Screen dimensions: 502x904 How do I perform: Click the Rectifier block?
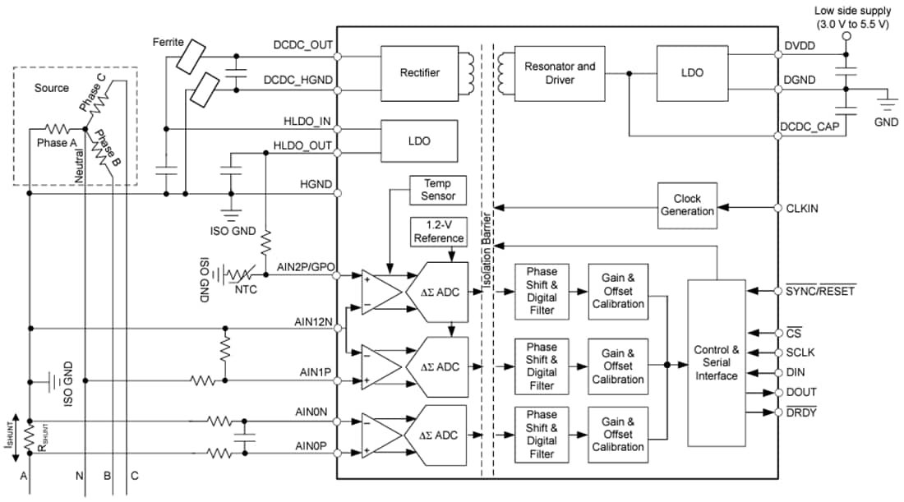point(421,73)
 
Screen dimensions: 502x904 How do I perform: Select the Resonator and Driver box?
point(560,73)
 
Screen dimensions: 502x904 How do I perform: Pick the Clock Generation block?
point(687,205)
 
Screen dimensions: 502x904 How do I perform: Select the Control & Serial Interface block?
point(717,362)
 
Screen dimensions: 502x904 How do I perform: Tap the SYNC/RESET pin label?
point(820,291)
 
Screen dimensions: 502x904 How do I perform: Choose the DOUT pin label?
point(801,392)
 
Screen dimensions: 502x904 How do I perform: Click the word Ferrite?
point(170,41)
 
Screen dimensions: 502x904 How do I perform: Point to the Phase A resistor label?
point(57,142)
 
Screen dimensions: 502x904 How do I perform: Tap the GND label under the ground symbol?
point(886,121)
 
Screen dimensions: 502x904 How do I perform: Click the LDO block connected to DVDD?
point(692,73)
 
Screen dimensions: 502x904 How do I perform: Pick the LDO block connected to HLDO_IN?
point(419,140)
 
